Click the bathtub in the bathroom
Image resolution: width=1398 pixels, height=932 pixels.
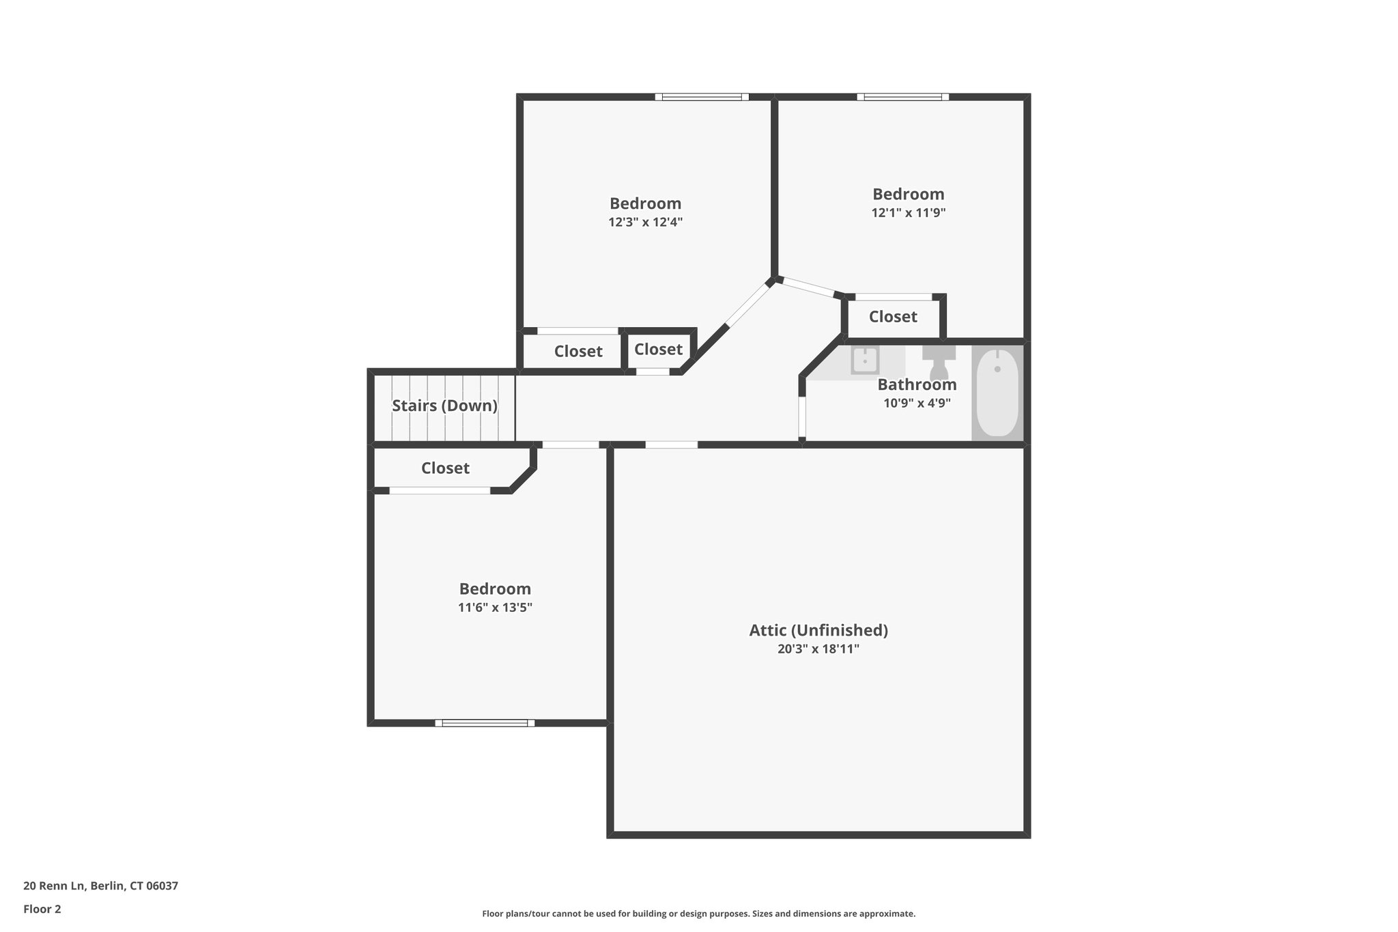(x=997, y=393)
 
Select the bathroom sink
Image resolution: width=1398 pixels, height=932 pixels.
(x=864, y=360)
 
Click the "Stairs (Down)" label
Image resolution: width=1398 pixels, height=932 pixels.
(x=444, y=406)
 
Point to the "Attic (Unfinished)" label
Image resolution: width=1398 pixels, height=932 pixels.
(x=818, y=630)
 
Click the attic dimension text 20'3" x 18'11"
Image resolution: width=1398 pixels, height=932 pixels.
(x=818, y=649)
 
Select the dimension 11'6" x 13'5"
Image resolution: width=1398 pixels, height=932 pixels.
(x=495, y=608)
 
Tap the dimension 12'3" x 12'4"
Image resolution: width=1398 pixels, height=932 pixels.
(x=645, y=222)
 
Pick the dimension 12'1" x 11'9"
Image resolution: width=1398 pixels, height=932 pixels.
(x=908, y=212)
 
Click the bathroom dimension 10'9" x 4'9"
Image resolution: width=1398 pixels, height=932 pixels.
(x=917, y=403)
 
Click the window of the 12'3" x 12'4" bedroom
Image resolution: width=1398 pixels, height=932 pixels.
(x=702, y=97)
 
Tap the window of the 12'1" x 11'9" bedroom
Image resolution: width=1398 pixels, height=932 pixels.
(x=903, y=97)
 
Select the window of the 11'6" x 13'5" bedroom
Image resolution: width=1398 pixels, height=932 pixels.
(x=485, y=723)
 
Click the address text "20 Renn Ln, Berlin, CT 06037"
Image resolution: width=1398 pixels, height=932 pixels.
(x=100, y=886)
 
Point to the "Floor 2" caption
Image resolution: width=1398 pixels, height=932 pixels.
(x=42, y=909)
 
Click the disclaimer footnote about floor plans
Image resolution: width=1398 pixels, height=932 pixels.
(x=698, y=914)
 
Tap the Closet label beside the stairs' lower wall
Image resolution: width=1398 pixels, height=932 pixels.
(x=445, y=468)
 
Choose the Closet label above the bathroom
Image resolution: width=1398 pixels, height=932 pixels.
(x=893, y=317)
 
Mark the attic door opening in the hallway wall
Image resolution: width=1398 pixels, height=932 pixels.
(x=672, y=444)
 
